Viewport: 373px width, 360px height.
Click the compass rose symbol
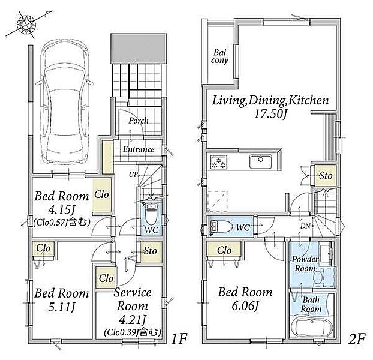click(x=26, y=24)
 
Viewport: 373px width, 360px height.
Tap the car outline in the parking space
click(x=64, y=101)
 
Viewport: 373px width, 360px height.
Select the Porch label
click(x=139, y=121)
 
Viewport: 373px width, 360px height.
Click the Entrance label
click(x=139, y=149)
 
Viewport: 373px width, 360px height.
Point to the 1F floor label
click(x=179, y=339)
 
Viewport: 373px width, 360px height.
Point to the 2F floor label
click(x=356, y=339)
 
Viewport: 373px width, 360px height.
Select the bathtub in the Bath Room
click(x=311, y=327)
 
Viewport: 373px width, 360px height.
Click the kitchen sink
click(x=261, y=162)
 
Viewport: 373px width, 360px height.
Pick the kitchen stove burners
click(x=219, y=162)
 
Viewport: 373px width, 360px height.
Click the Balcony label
click(x=219, y=56)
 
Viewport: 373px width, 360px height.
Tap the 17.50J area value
click(x=270, y=115)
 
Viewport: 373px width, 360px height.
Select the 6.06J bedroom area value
click(x=245, y=306)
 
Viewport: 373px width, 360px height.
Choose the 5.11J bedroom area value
click(x=62, y=307)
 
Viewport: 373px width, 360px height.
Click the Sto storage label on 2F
click(x=326, y=176)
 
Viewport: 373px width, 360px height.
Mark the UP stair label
click(x=134, y=175)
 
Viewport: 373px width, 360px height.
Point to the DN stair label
click(x=305, y=226)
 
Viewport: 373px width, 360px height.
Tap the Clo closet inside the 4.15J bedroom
click(x=102, y=195)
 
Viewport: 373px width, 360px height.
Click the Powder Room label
click(x=305, y=263)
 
